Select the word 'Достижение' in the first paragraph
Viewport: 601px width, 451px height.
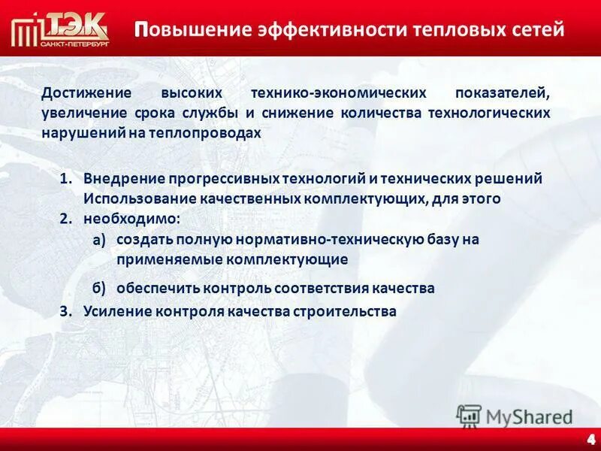pos(86,93)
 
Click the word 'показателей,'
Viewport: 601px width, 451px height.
pos(502,93)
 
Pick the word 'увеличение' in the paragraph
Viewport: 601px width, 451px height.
pos(78,113)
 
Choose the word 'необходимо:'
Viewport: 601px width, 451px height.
pos(132,219)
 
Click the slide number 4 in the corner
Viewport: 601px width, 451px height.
pos(590,439)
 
